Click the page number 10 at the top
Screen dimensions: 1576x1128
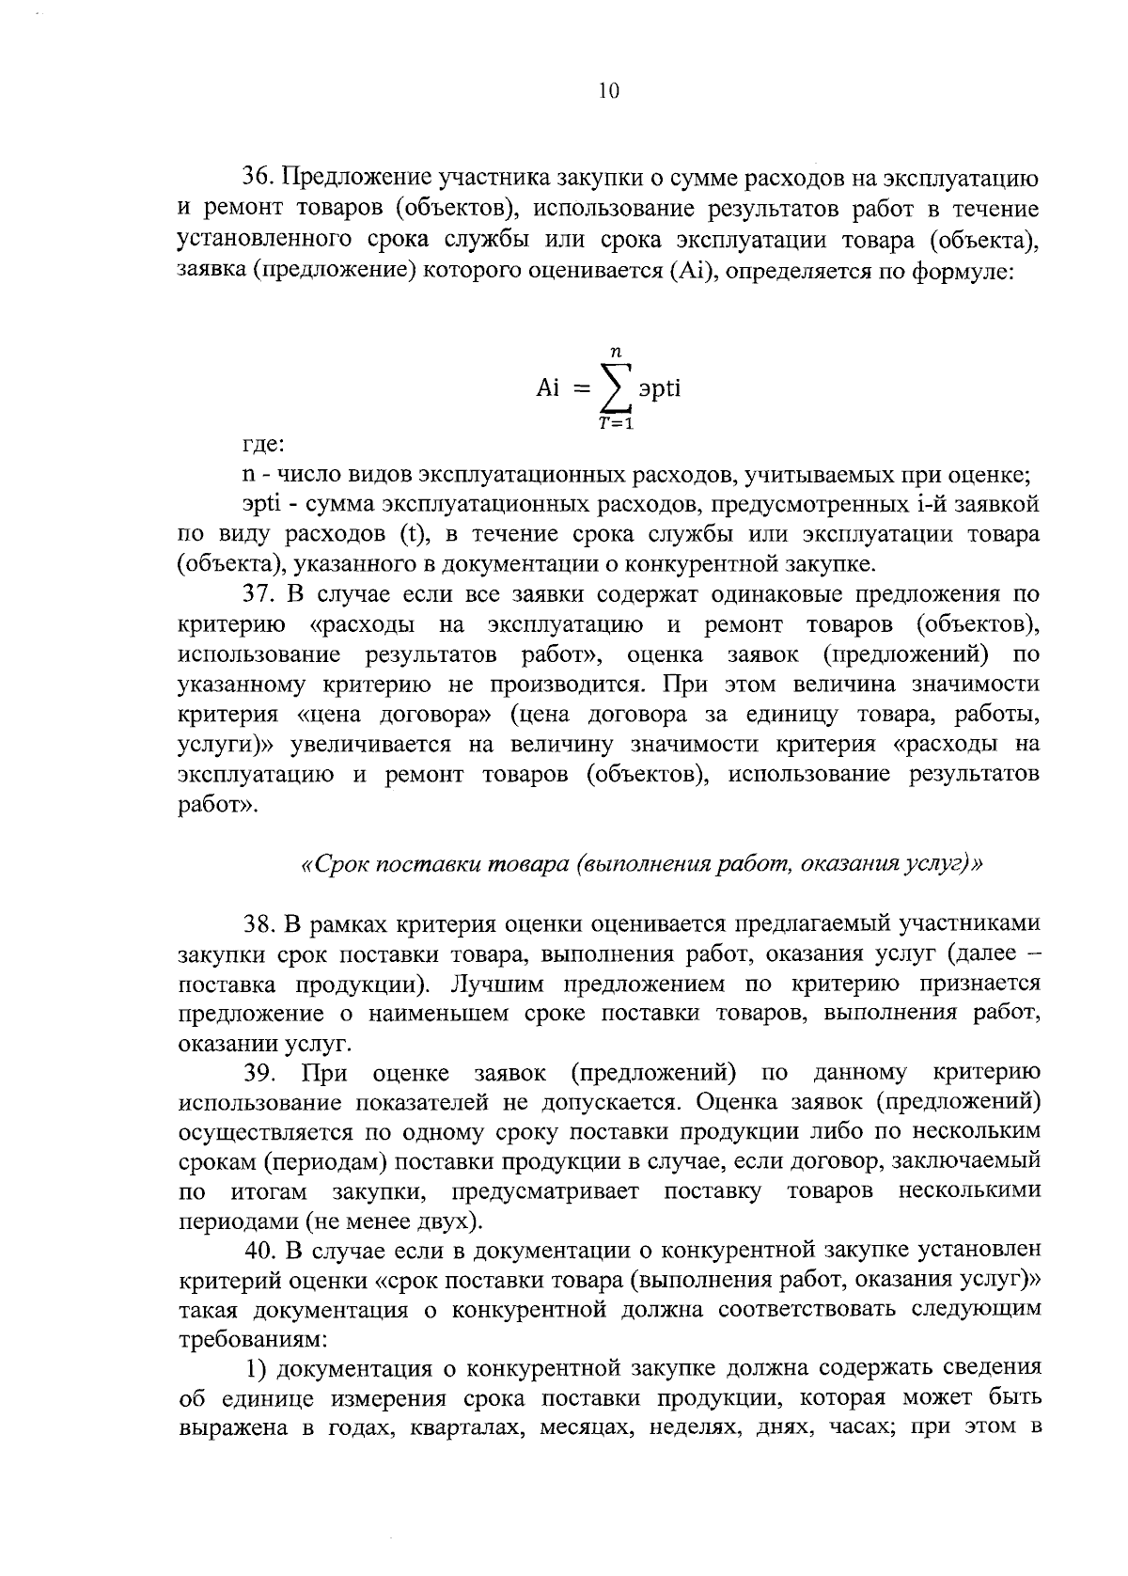tap(607, 91)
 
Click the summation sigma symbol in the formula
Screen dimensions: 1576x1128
tap(617, 387)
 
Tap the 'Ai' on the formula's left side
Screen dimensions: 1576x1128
tap(548, 387)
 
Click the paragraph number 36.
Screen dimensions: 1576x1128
tap(258, 178)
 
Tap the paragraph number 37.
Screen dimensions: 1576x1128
tap(258, 594)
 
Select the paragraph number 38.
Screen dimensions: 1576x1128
tap(258, 924)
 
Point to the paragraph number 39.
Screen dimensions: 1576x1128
tap(258, 1073)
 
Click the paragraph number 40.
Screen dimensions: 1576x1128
tap(258, 1252)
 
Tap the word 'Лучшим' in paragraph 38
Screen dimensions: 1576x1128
tap(493, 985)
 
